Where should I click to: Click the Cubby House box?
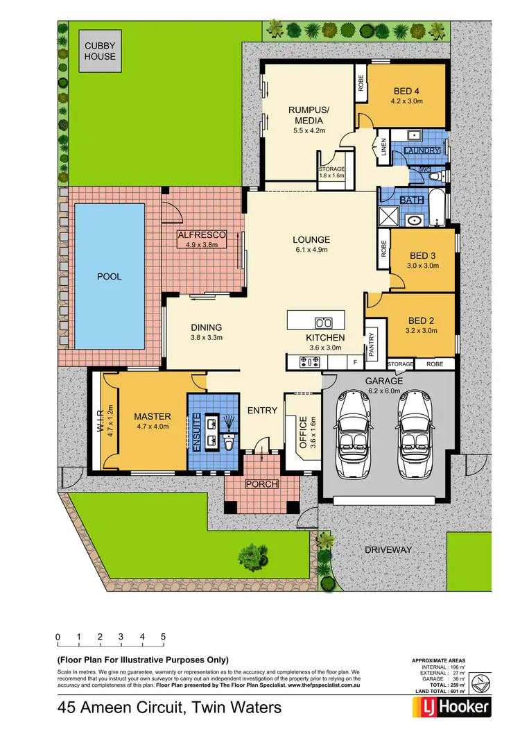101,51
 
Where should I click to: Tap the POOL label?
109,277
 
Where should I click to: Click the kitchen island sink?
323,322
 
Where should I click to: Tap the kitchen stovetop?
309,361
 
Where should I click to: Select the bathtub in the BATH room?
437,210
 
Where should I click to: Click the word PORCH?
262,483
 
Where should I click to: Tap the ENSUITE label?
198,433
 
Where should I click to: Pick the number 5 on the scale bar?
163,636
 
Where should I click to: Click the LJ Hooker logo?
452,708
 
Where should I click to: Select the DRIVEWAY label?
388,549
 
